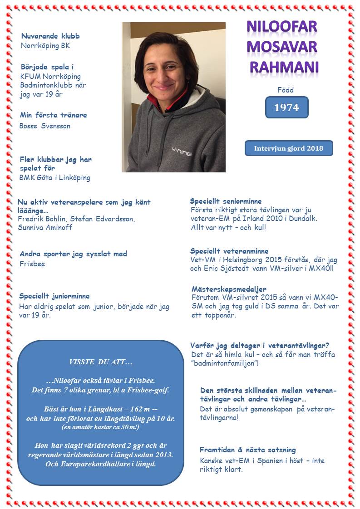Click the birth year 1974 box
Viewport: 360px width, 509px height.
(286, 108)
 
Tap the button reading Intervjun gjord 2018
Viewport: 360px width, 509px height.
(289, 148)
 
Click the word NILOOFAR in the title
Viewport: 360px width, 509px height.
(281, 26)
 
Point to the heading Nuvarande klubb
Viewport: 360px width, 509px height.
(50, 36)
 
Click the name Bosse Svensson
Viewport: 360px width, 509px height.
(45, 126)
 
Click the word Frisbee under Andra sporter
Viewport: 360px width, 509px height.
(32, 264)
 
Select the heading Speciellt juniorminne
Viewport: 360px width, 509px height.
(54, 296)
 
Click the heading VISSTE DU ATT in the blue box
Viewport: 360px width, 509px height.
(101, 362)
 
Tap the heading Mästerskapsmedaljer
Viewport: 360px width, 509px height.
(229, 289)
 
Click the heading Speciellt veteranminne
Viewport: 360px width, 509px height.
(229, 251)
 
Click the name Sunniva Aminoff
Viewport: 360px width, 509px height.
(45, 227)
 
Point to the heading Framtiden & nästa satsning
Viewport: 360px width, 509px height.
(247, 450)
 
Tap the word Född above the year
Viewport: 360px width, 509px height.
(286, 90)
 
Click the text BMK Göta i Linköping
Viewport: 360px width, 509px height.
(54, 178)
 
